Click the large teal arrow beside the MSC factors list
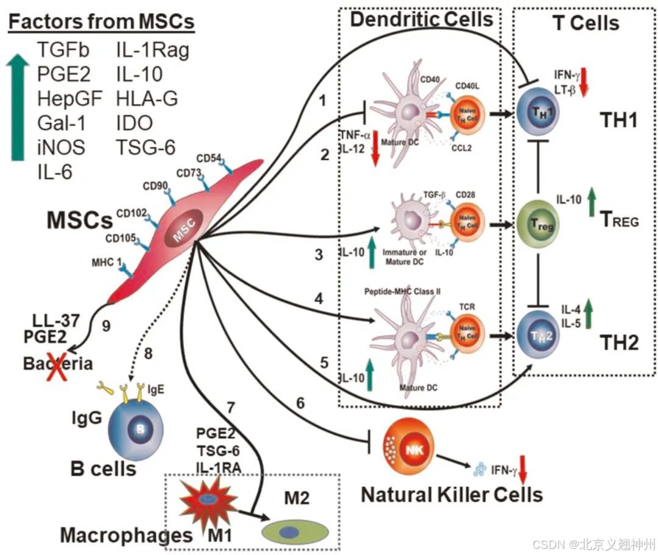pyautogui.click(x=21, y=107)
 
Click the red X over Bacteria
pyautogui.click(x=53, y=364)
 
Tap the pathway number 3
pyautogui.click(x=318, y=255)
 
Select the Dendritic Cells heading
pyautogui.click(x=421, y=20)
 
